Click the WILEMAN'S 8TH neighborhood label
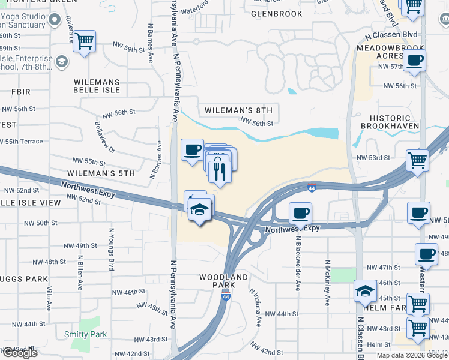coord(238,110)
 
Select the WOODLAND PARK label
coord(224,281)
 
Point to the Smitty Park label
coord(85,334)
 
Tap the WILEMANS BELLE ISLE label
coord(97,86)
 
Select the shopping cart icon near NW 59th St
coord(84,41)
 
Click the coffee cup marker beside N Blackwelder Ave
coord(300,212)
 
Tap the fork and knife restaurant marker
coord(220,172)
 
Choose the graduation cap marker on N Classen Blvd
coord(364,292)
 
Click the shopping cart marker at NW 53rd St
coord(417,160)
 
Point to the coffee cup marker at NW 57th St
coord(414,61)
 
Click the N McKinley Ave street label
coord(328,283)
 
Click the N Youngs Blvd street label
coord(111,249)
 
